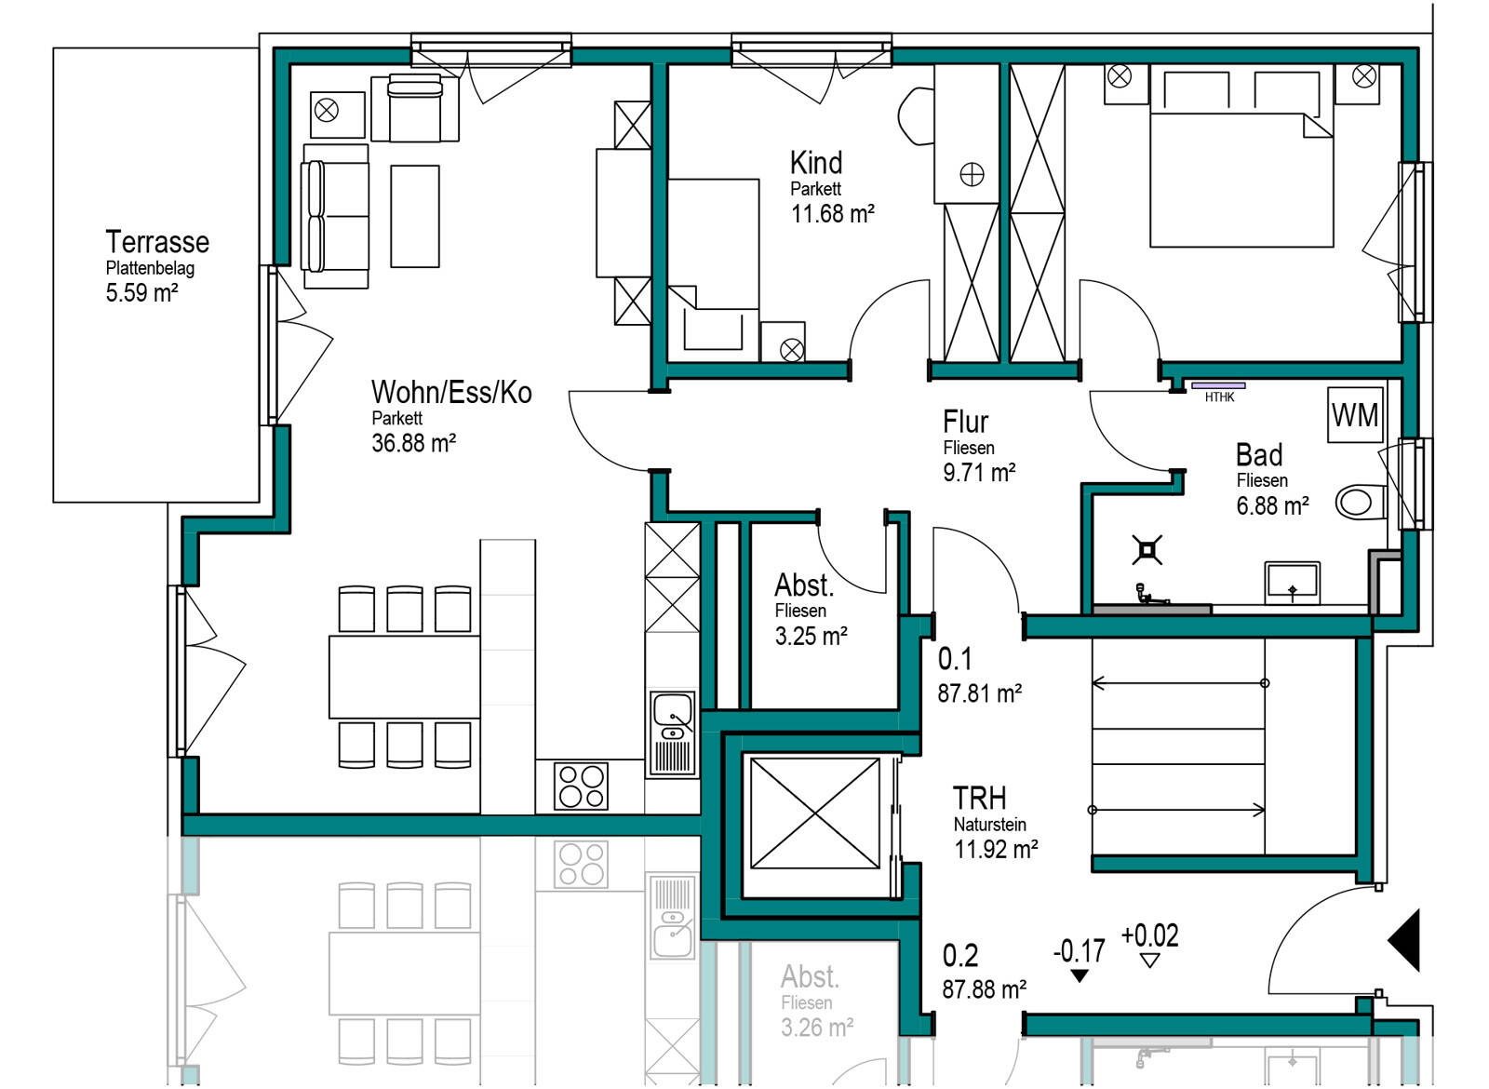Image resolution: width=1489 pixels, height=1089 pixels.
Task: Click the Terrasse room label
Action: click(157, 242)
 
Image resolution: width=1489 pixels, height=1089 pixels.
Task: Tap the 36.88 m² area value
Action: click(413, 443)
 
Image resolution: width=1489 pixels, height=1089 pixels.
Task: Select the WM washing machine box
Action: click(1355, 415)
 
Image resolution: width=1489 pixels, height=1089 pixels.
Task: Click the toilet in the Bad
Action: click(1361, 502)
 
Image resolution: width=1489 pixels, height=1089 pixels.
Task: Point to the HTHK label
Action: click(1220, 397)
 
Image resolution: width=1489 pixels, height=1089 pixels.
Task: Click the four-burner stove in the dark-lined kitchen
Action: click(581, 787)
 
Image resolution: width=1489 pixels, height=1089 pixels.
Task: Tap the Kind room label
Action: click(816, 163)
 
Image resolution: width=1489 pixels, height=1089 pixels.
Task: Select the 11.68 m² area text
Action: click(832, 214)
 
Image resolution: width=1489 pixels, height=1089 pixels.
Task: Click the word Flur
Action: click(965, 423)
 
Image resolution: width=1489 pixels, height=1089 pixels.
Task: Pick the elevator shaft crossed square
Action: click(815, 813)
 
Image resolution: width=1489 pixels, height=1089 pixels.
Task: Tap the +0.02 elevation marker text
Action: click(1150, 935)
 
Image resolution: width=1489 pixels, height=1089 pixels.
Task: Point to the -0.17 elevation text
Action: click(1079, 951)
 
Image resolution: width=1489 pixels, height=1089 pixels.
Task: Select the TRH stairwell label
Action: click(979, 798)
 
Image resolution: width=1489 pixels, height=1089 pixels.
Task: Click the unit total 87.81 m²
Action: click(980, 693)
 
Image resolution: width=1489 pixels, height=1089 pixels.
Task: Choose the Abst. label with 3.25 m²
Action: click(804, 585)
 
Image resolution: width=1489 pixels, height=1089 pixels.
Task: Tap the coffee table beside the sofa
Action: click(415, 216)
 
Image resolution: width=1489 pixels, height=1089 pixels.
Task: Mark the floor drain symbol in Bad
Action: click(1147, 550)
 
